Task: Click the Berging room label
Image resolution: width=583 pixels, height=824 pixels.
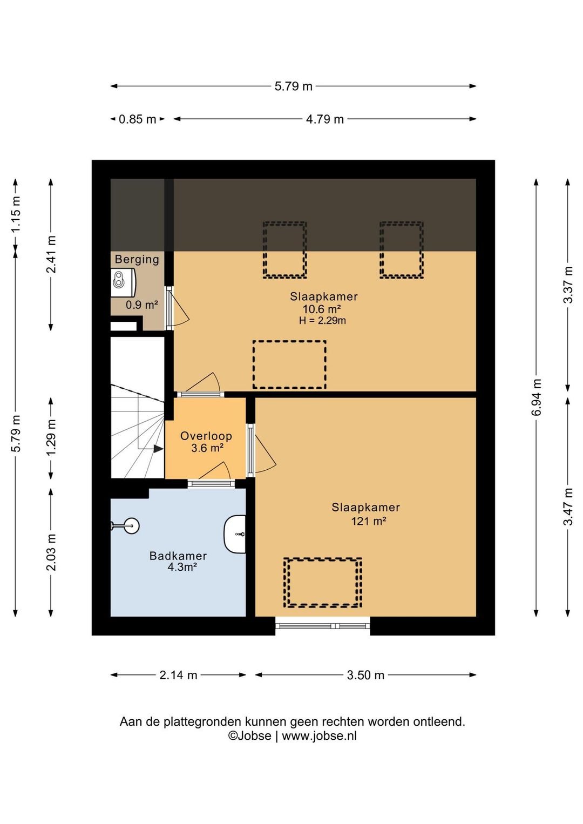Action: (137, 259)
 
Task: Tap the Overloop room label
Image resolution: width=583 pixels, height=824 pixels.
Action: (206, 436)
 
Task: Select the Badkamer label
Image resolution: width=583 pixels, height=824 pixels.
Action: (178, 556)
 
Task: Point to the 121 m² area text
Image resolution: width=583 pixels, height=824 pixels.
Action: (369, 521)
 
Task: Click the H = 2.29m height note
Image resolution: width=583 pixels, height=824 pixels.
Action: (322, 320)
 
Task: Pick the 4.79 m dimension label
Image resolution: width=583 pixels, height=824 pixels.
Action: (325, 119)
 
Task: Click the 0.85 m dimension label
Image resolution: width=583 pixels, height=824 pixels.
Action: (137, 119)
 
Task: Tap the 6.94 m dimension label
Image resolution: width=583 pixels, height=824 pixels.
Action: (537, 397)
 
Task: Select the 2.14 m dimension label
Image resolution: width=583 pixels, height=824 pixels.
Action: (178, 675)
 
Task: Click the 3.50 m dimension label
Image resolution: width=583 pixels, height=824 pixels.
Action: (365, 675)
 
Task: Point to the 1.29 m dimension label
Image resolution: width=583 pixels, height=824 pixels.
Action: (51, 437)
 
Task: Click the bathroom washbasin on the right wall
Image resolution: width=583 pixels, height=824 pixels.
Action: (235, 534)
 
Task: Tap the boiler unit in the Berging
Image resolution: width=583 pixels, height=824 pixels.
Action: (123, 282)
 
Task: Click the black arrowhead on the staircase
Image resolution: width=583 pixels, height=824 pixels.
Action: (159, 449)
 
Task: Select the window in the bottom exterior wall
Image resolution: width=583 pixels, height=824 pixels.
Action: (323, 626)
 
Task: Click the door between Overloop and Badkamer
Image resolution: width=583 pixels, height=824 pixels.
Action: (211, 483)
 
